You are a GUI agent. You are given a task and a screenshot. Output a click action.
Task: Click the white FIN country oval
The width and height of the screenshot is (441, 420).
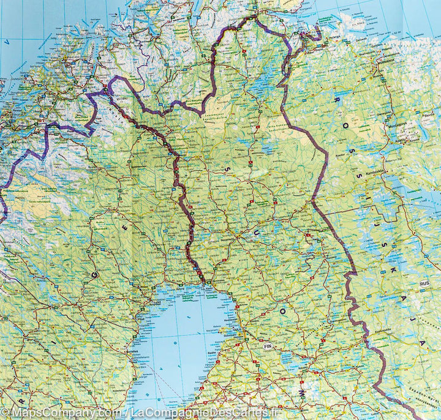point(267,346)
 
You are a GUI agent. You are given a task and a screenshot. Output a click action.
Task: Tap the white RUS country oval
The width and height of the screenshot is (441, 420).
point(423,284)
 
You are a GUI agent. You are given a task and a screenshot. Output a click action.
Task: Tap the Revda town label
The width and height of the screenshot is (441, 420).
point(429,114)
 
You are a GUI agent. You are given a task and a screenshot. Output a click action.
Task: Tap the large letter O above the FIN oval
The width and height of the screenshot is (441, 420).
point(284,312)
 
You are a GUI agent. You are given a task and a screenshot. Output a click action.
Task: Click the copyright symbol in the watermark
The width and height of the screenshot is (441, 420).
point(6,413)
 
